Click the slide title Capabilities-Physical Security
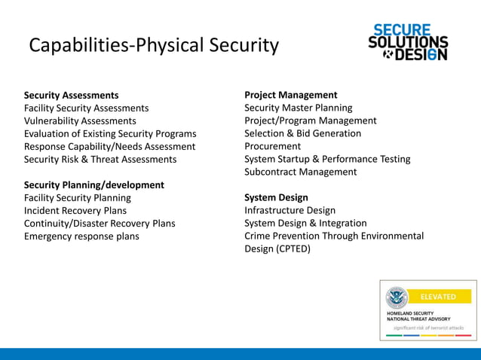153,45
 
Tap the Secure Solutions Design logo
408,42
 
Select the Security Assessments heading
71,95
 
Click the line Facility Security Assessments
86,108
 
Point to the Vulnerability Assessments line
80,121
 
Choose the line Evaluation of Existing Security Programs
110,133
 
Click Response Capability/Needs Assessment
109,146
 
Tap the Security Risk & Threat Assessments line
100,159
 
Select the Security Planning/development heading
93,185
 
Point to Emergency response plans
81,236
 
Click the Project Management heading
290,95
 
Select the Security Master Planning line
298,108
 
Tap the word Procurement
272,146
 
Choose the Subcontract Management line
300,172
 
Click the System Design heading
276,197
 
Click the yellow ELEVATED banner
438,297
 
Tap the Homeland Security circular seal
397,297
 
